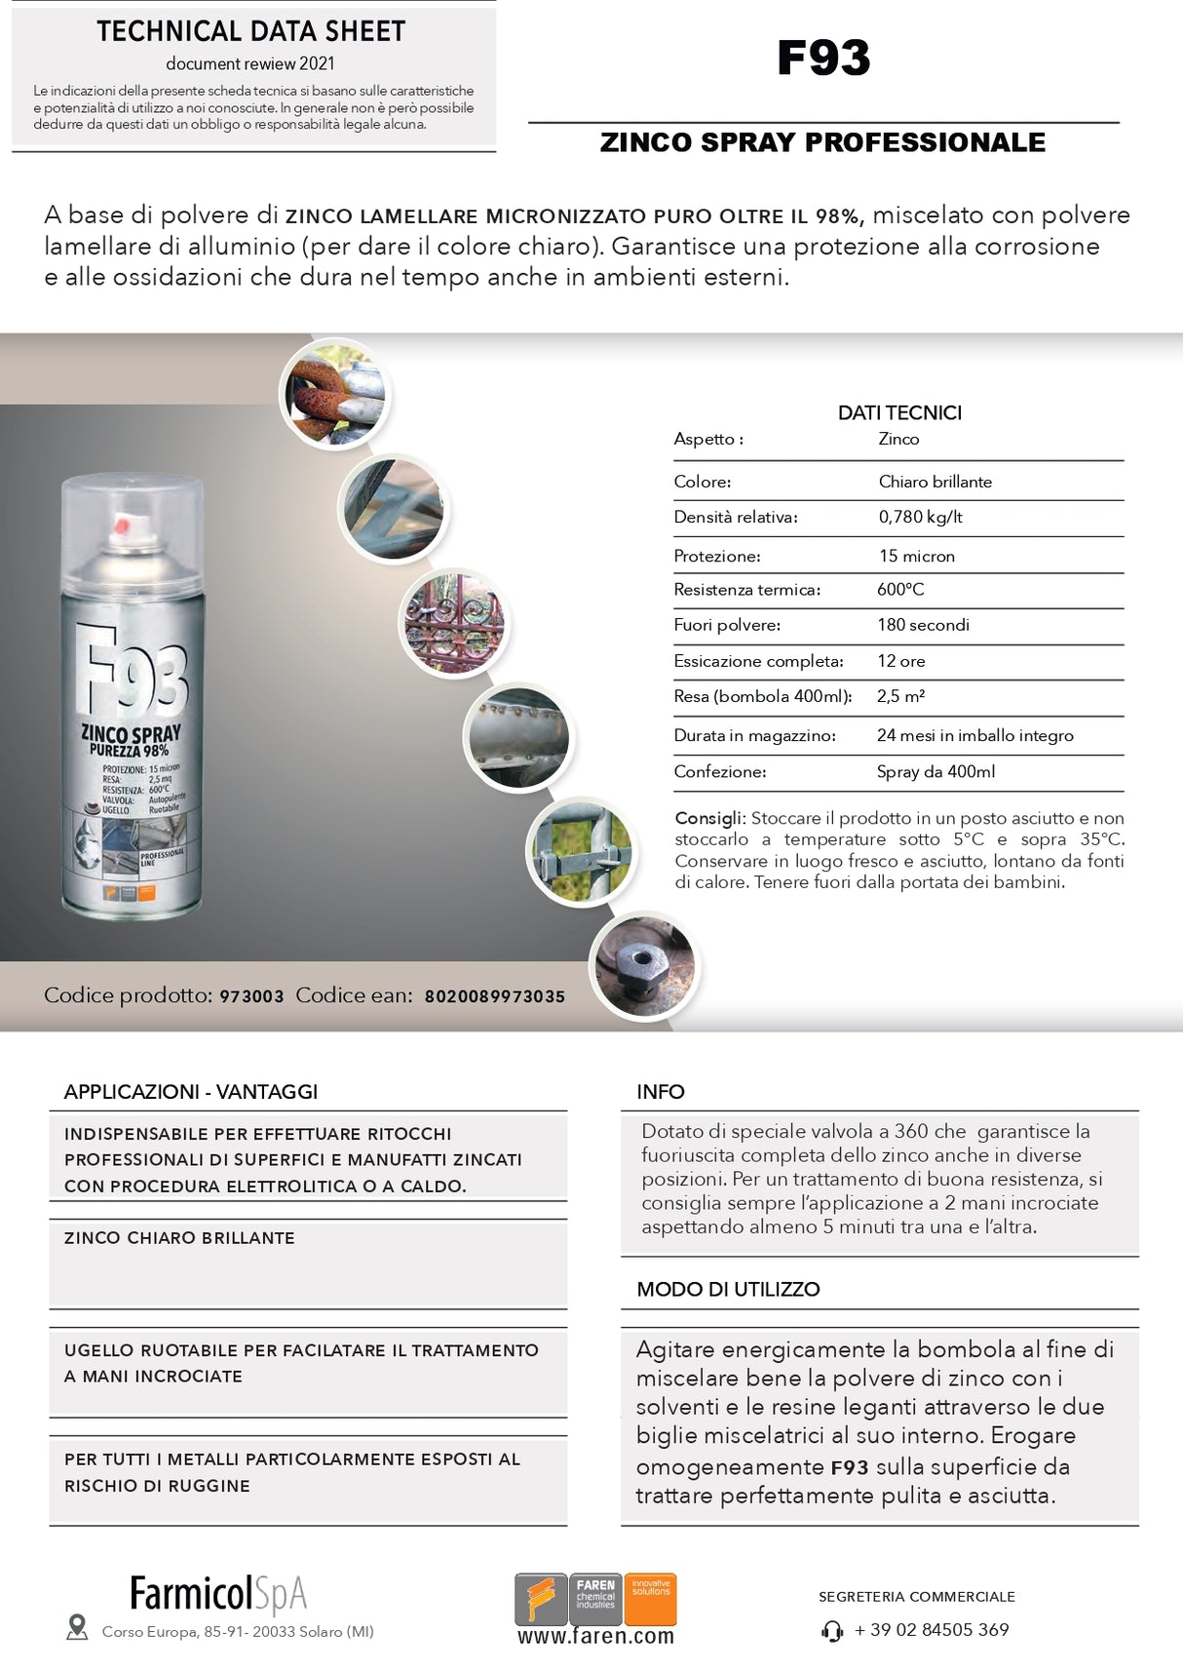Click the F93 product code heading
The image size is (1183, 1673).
[x=823, y=58]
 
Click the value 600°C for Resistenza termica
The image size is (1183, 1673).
[x=900, y=589]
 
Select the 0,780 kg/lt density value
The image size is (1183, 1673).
[x=920, y=517]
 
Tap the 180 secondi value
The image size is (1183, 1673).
[x=923, y=625]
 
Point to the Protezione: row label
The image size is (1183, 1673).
[x=717, y=556]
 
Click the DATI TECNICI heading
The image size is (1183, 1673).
[x=899, y=412]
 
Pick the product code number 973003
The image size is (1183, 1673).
[x=251, y=996]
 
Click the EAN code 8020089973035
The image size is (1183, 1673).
[x=495, y=996]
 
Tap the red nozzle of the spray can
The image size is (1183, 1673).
[x=122, y=526]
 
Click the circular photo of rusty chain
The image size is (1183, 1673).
[x=333, y=395]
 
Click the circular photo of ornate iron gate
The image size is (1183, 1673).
[x=455, y=624]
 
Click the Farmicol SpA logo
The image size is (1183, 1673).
[x=218, y=1593]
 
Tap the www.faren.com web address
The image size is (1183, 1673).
[x=595, y=1636]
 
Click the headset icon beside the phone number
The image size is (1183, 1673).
[x=832, y=1630]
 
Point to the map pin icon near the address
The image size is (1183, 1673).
[x=77, y=1626]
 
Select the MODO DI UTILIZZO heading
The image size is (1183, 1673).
[x=728, y=1289]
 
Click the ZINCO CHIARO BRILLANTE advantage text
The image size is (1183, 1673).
[x=179, y=1238]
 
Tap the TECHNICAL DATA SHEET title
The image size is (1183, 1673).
[x=250, y=31]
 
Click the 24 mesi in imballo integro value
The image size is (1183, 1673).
[x=974, y=735]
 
